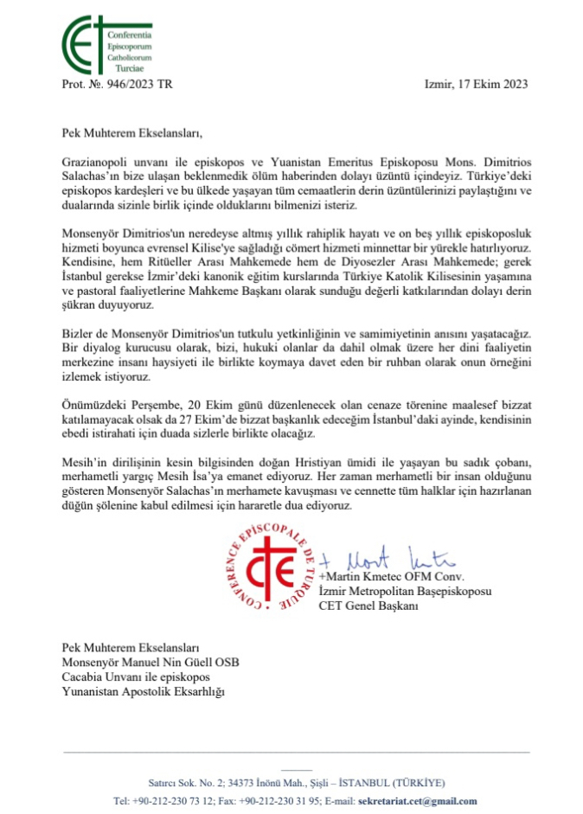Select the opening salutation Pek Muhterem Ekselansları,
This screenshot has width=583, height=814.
pyautogui.click(x=131, y=133)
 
